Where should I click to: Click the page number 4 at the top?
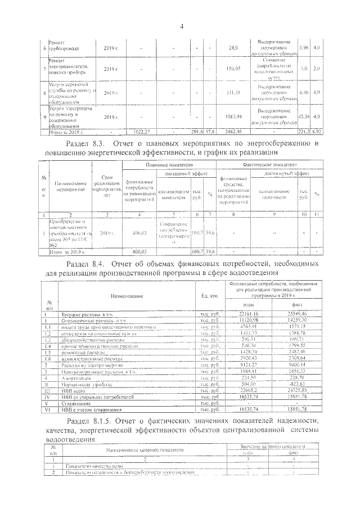point(182,26)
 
